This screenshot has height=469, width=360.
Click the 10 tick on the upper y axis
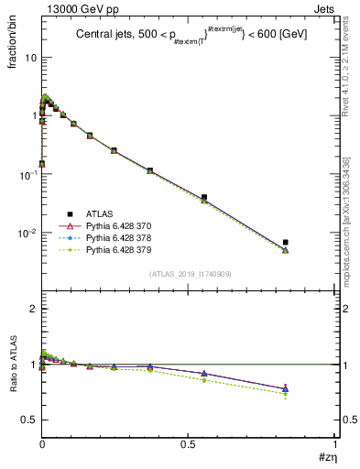click(30, 57)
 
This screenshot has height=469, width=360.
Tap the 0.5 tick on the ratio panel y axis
click(27, 420)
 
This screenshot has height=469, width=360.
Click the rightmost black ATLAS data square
click(286, 243)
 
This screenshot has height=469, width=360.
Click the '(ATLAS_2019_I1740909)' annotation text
click(190, 274)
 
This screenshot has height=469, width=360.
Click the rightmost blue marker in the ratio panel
click(286, 388)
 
